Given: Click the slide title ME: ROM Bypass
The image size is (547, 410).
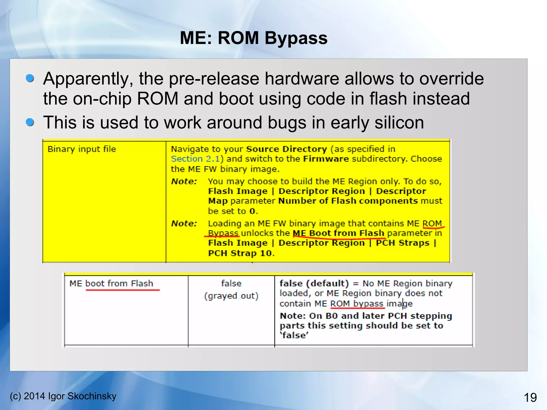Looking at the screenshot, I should tap(253, 38).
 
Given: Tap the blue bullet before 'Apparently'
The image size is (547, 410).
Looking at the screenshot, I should tap(30, 78).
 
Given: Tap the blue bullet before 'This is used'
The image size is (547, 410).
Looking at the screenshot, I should tap(30, 122).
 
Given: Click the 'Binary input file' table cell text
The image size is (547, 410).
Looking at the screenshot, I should tap(82, 149).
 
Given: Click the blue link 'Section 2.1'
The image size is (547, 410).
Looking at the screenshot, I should tap(195, 159).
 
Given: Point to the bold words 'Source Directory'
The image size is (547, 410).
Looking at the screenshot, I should tap(286, 149).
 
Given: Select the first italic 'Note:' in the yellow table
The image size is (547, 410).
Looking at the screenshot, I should tap(184, 182).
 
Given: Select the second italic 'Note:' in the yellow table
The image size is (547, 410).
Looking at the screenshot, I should tap(184, 224).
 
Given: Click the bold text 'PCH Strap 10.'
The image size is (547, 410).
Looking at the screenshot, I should tap(241, 253).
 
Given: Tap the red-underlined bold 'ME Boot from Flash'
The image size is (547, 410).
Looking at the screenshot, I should tap(338, 233).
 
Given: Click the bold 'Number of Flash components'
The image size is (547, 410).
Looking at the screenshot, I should tap(348, 201).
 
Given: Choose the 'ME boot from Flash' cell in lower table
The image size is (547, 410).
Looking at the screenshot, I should tap(111, 283).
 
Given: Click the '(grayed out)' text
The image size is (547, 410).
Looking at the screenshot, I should tap(231, 296).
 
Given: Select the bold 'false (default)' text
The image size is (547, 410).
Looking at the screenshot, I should tap(314, 283).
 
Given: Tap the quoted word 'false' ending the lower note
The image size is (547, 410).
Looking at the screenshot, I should tap(294, 335).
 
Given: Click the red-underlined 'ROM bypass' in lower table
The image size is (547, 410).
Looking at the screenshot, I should tap(357, 304).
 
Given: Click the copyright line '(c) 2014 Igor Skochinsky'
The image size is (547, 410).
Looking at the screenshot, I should tap(63, 396).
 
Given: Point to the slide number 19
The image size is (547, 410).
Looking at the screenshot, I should tap(530, 398).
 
